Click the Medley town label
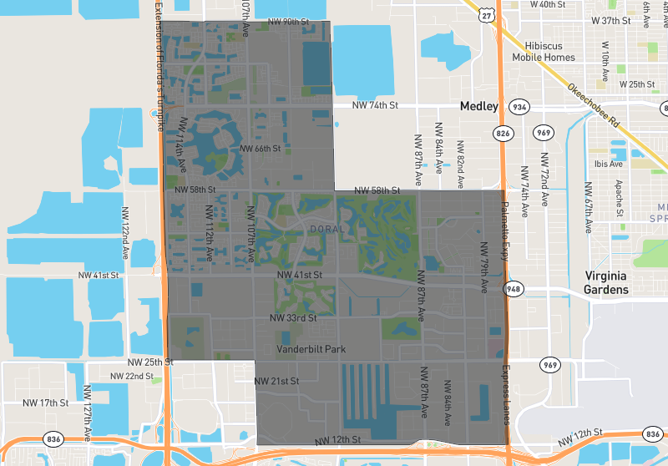click(x=478, y=107)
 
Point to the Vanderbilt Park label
click(x=311, y=349)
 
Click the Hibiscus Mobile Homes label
click(x=550, y=51)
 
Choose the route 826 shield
click(x=503, y=133)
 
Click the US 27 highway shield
click(x=487, y=16)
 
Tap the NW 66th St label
click(x=261, y=149)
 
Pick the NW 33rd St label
click(x=293, y=318)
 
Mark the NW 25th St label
click(x=150, y=362)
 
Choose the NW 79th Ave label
click(x=483, y=267)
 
